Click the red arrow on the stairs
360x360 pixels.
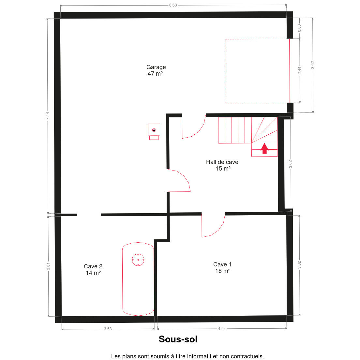point(264,148)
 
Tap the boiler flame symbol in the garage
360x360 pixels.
point(154,130)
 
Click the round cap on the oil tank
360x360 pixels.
point(138,260)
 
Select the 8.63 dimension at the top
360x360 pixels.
point(173,5)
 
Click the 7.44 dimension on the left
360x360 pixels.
point(47,115)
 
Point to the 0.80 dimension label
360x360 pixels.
point(299,28)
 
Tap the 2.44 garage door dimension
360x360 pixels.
point(299,71)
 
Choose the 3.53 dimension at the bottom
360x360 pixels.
point(108,329)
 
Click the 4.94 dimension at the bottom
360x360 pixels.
point(222,329)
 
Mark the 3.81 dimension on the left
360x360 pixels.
point(48,266)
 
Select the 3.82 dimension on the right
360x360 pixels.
point(299,265)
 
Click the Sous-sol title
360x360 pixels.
point(178,339)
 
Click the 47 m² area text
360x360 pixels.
point(155,74)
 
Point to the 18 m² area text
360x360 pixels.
point(223,271)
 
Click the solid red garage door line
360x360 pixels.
point(290,71)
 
